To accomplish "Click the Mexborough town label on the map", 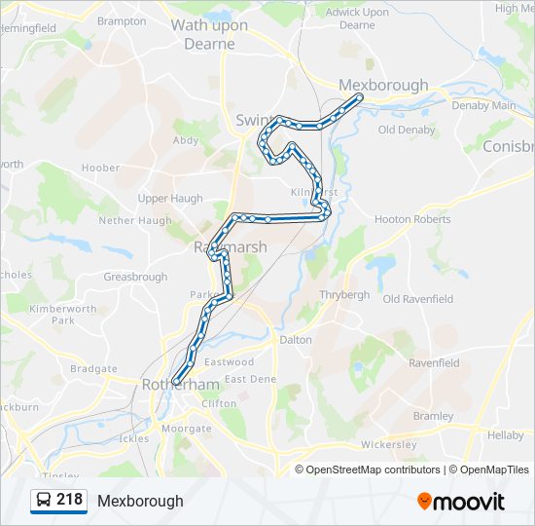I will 383,85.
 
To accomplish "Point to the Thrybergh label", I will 344,293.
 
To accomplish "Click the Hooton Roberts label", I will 412,219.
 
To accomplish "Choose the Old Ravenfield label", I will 418,299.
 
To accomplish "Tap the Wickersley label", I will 388,445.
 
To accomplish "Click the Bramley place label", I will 433,415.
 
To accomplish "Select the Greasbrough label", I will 135,277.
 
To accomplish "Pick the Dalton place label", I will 296,340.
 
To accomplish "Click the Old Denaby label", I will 407,130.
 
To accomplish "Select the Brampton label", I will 122,20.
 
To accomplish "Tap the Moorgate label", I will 185,429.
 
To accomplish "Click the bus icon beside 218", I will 44,501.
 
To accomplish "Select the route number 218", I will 69,500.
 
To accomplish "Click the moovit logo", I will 461,502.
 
